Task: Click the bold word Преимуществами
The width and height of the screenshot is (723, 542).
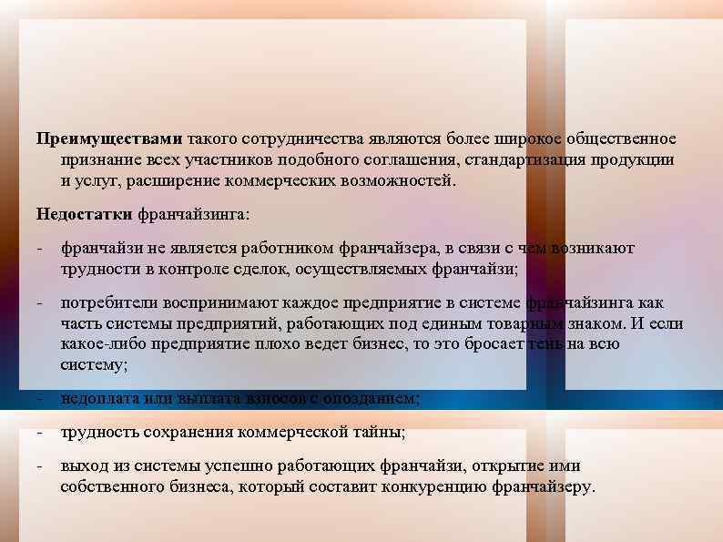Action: pos(109,139)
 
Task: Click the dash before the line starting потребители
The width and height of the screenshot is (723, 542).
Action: pos(39,302)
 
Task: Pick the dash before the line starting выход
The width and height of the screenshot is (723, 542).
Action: pos(39,465)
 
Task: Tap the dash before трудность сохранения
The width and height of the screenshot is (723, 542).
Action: pos(39,432)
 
